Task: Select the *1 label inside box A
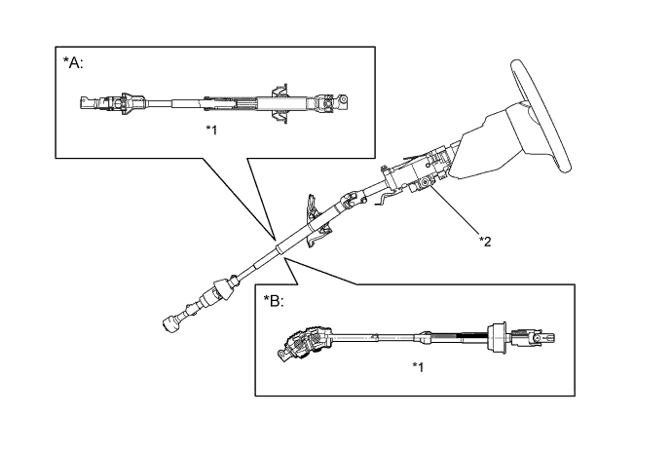pyautogui.click(x=211, y=129)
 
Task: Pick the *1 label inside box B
pyautogui.click(x=417, y=366)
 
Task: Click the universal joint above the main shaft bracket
pyautogui.click(x=352, y=201)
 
